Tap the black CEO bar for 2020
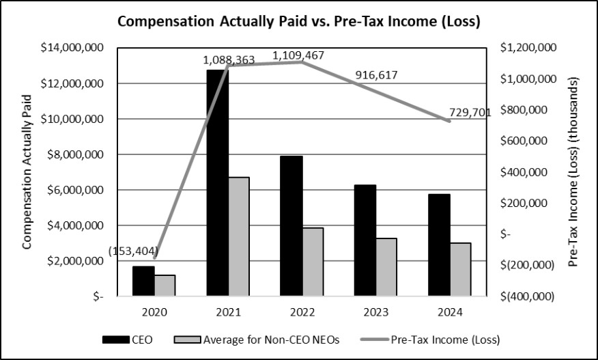144,281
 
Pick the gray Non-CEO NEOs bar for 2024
460,269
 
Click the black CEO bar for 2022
291,226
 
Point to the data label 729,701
470,113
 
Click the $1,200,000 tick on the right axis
528,48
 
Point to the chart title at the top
299,21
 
